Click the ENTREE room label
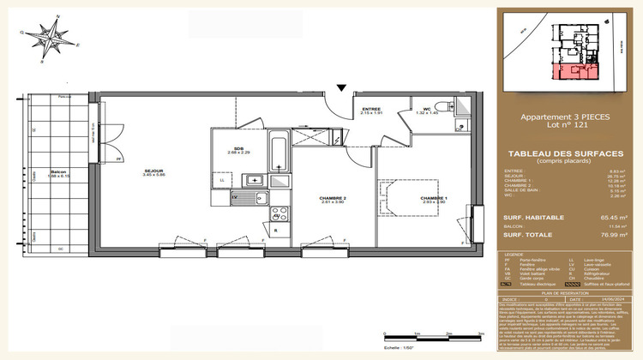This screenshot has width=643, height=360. [x=371, y=110]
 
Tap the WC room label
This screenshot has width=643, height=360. [x=427, y=110]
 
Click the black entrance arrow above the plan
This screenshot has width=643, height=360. [x=341, y=87]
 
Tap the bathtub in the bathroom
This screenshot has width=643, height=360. [x=279, y=154]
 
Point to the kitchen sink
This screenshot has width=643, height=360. [x=255, y=180]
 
